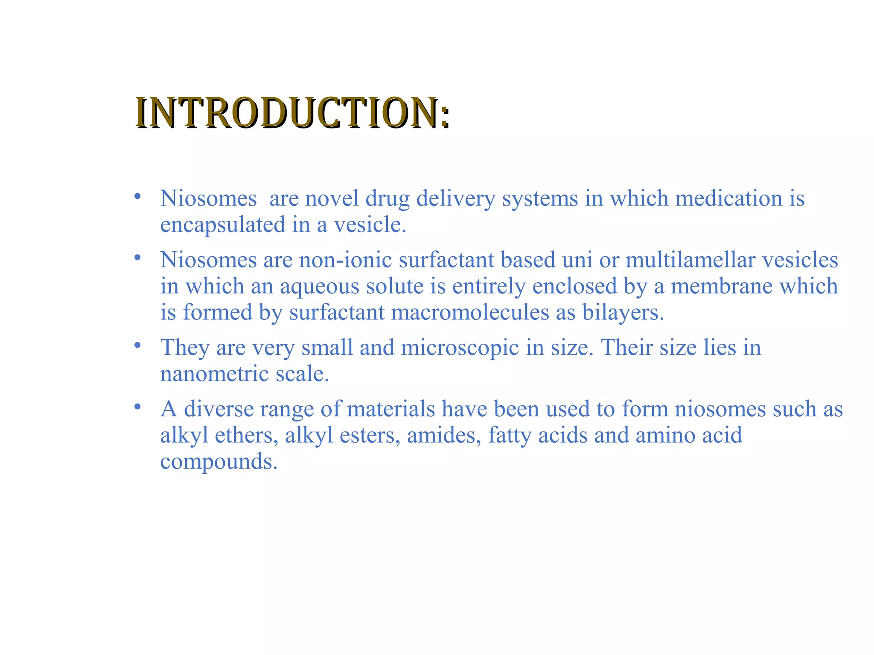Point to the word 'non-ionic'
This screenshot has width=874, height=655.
[x=345, y=260]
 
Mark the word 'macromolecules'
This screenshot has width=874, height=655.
[x=470, y=313]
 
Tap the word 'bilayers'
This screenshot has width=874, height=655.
[x=623, y=313]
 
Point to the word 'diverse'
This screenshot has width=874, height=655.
[x=218, y=409]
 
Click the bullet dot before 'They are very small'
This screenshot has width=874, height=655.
[x=137, y=345]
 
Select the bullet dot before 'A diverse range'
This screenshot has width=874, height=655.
[x=137, y=406]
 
